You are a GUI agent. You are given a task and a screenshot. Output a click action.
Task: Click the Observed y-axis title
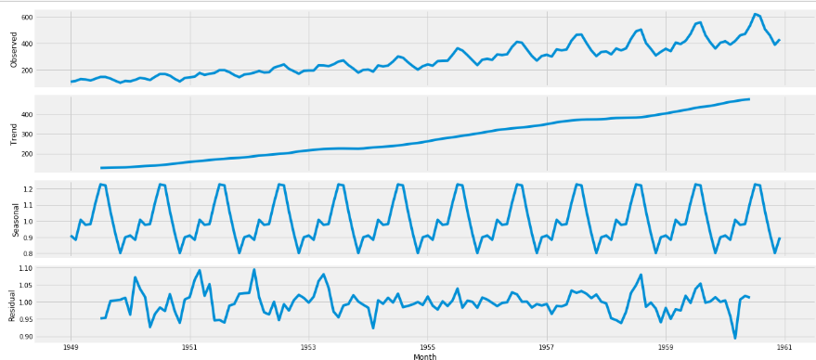(x=14, y=49)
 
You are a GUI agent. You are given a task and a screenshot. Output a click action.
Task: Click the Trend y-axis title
(x=14, y=134)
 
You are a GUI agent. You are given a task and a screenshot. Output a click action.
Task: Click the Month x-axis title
(x=425, y=355)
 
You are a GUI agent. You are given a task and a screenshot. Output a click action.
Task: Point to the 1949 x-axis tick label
(x=71, y=347)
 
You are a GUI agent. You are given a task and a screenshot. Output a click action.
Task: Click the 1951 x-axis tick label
(x=189, y=347)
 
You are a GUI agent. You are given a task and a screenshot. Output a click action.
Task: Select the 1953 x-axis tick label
(x=308, y=347)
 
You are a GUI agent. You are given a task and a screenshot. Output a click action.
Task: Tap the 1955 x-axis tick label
(x=427, y=347)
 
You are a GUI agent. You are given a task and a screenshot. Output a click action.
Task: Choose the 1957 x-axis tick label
(x=546, y=347)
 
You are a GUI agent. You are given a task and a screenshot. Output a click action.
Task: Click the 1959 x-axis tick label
(x=666, y=347)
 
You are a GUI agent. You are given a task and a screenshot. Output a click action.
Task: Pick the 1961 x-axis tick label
(x=784, y=347)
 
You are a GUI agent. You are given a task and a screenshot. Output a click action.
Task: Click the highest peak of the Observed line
(x=755, y=14)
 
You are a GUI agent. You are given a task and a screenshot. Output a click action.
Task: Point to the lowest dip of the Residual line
(x=735, y=338)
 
